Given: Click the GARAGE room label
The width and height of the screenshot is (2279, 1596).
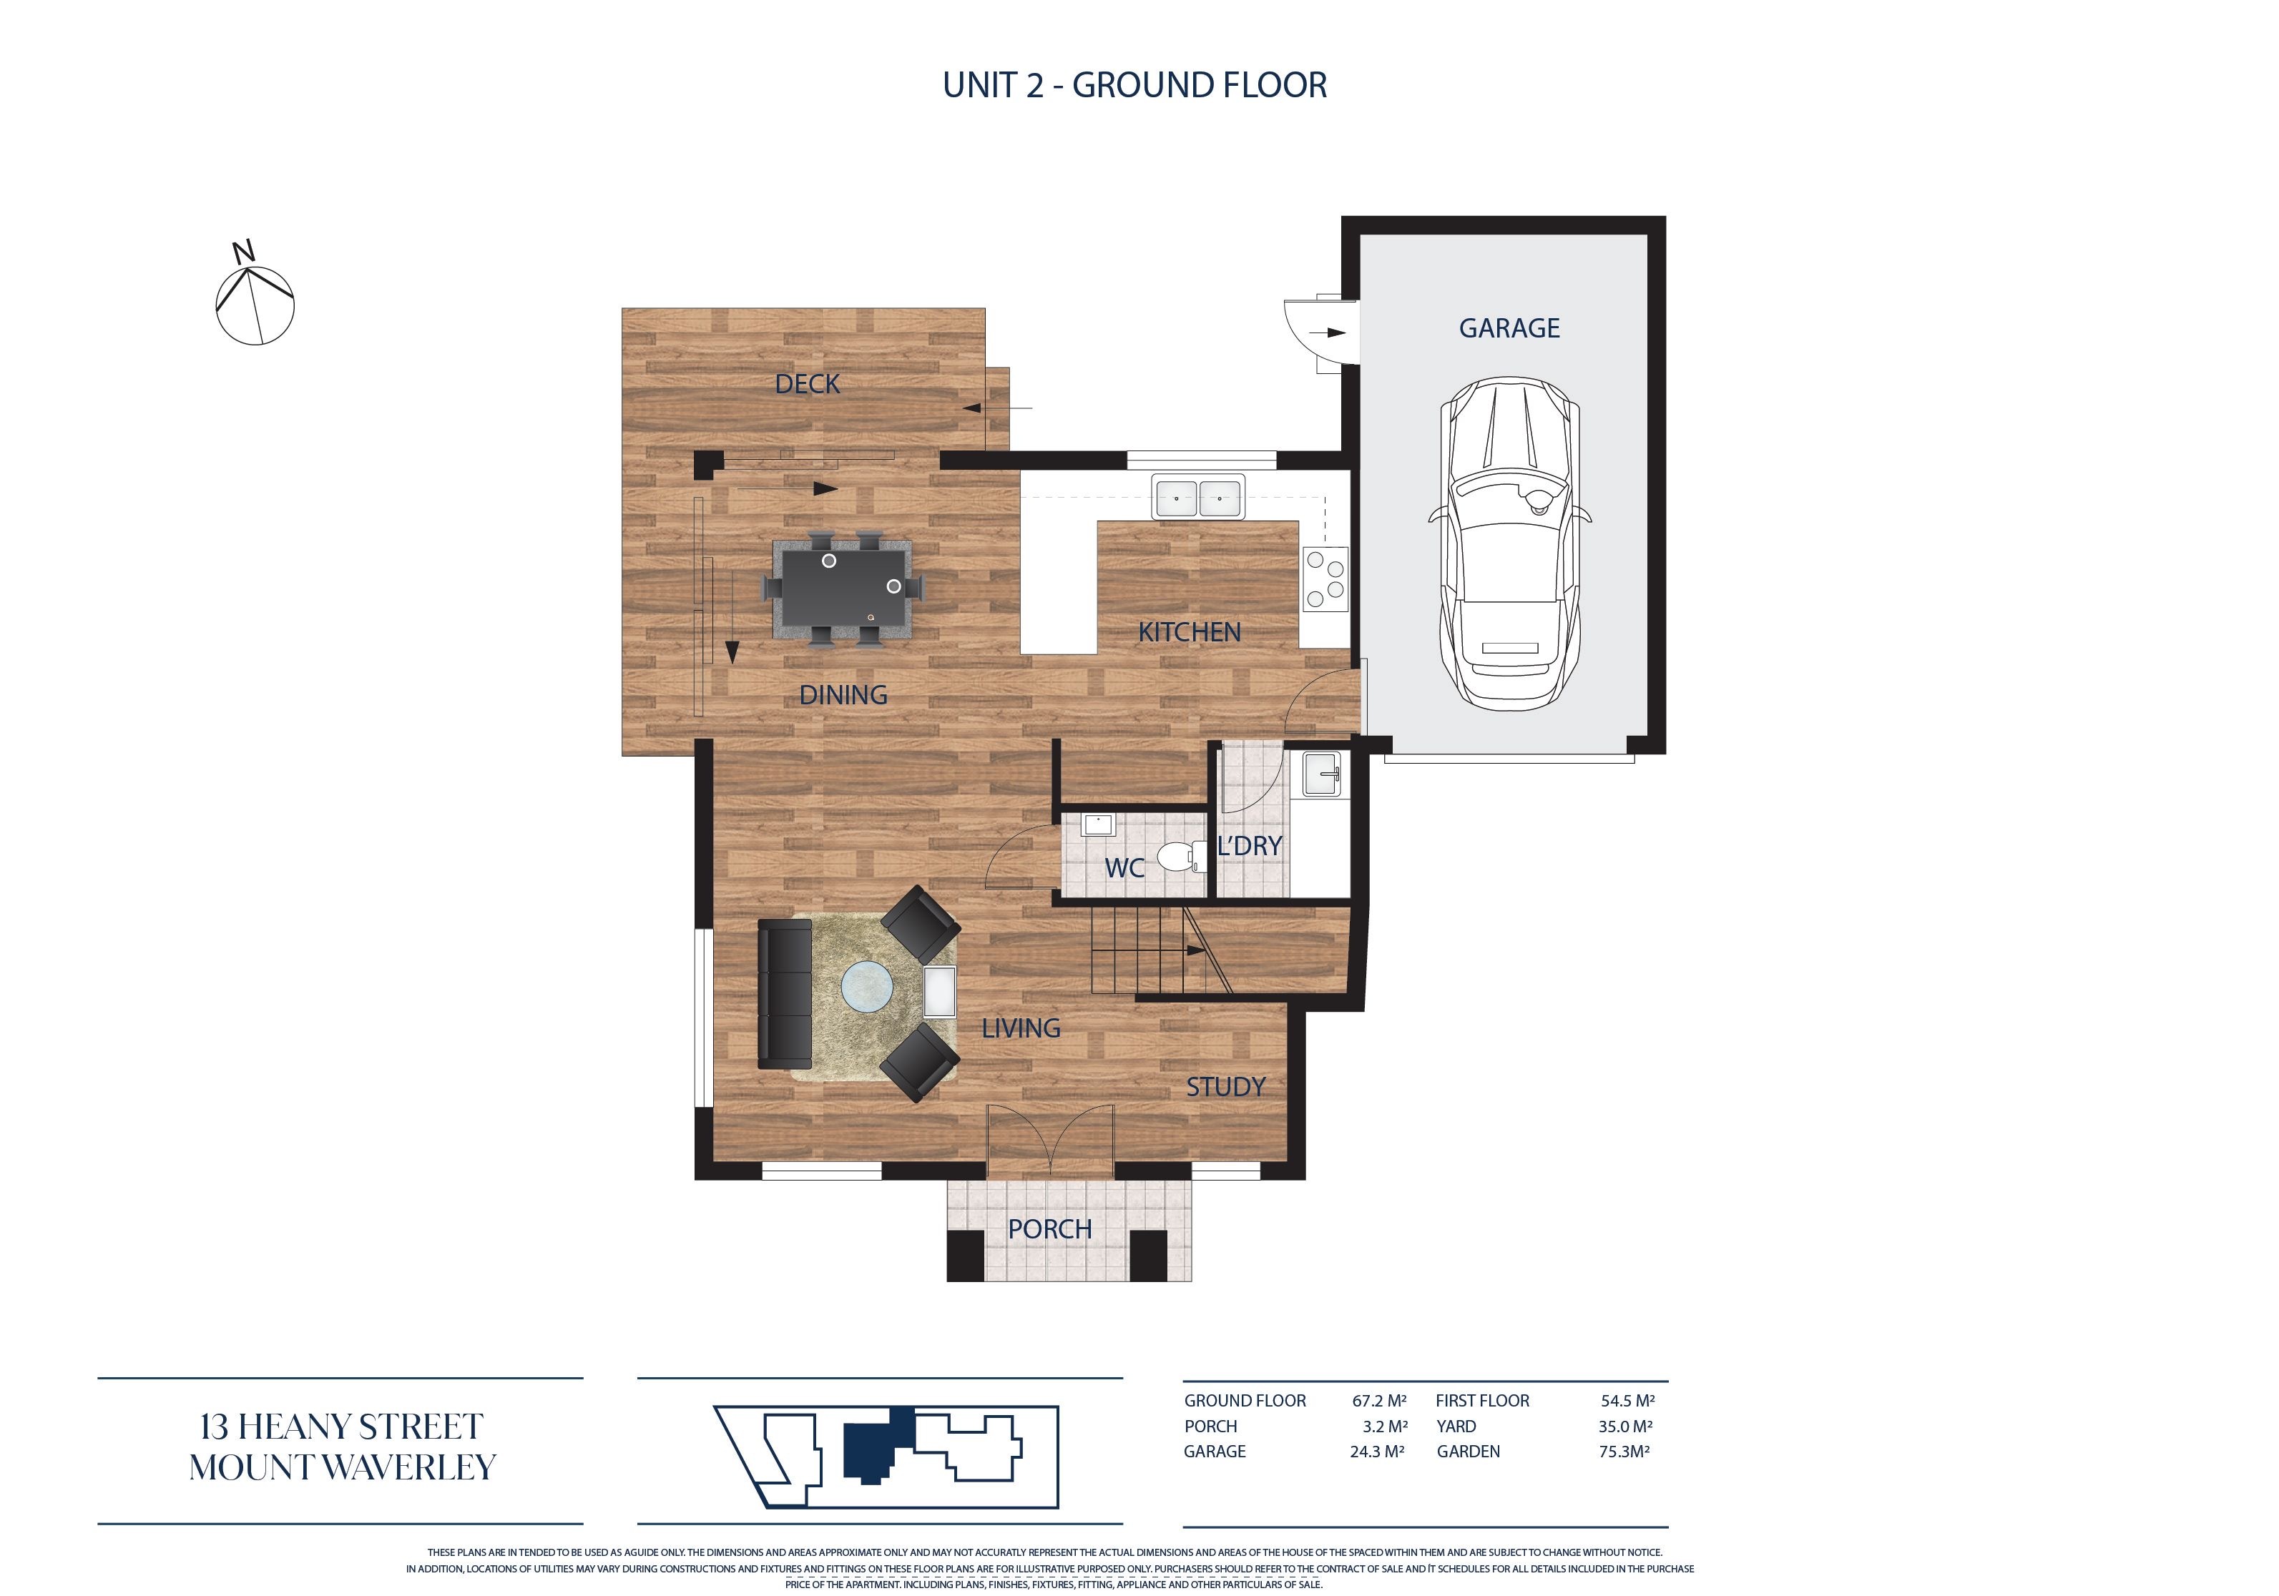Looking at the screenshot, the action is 1509,328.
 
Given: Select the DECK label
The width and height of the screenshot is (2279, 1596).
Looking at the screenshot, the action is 807,384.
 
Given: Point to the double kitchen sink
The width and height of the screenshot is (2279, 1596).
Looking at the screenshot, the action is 1197,496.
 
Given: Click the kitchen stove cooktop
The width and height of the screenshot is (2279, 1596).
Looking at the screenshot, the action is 1325,578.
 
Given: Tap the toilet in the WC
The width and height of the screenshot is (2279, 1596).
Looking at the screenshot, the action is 1182,854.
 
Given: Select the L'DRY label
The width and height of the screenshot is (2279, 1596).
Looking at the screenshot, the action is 1250,846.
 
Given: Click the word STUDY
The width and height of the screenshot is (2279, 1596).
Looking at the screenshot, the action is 1226,1087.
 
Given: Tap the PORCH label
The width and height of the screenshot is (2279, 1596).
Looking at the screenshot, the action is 1049,1228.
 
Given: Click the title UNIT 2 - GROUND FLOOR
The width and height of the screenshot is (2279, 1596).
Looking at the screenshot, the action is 1134,85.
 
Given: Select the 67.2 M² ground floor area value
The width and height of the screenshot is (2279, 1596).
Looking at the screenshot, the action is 1378,1401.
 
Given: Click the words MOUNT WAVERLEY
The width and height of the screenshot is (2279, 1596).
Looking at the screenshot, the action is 343,1467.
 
